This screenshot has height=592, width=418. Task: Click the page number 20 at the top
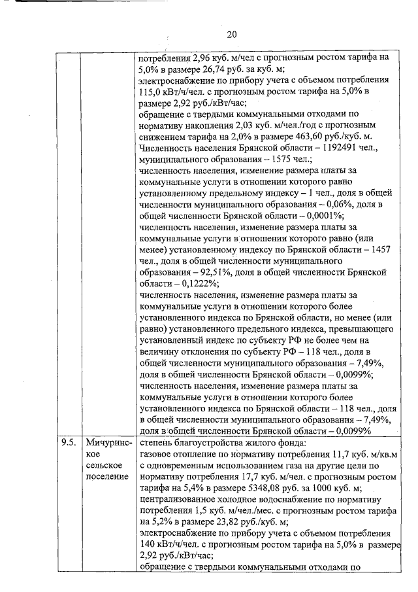click(232, 34)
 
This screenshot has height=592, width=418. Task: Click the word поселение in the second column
click(106, 475)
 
